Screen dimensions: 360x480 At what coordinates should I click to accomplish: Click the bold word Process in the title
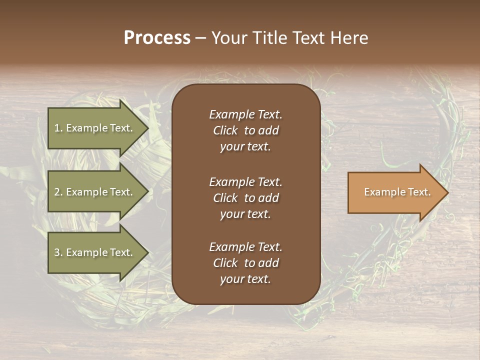click(x=157, y=38)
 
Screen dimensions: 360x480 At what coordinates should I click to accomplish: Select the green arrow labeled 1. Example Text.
click(x=95, y=128)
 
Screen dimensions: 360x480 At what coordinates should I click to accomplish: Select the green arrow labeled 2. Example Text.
click(x=95, y=192)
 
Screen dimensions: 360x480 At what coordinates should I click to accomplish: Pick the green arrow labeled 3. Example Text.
click(x=95, y=252)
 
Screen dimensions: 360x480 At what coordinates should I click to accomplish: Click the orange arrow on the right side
click(x=395, y=192)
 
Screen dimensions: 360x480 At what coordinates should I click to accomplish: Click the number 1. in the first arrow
click(x=58, y=128)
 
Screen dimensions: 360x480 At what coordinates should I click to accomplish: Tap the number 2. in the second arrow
click(x=58, y=192)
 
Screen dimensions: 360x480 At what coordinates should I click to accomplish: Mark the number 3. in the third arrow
click(x=58, y=252)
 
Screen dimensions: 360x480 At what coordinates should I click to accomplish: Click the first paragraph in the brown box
click(x=245, y=130)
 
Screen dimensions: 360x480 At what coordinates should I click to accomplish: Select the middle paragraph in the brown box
click(x=245, y=198)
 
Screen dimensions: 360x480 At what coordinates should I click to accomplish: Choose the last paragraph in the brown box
click(x=245, y=263)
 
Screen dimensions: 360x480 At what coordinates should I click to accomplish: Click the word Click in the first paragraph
click(x=225, y=130)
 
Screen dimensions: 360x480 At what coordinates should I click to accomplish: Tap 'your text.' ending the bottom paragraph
click(x=245, y=279)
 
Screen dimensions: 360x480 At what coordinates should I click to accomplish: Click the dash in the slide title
click(x=200, y=38)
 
